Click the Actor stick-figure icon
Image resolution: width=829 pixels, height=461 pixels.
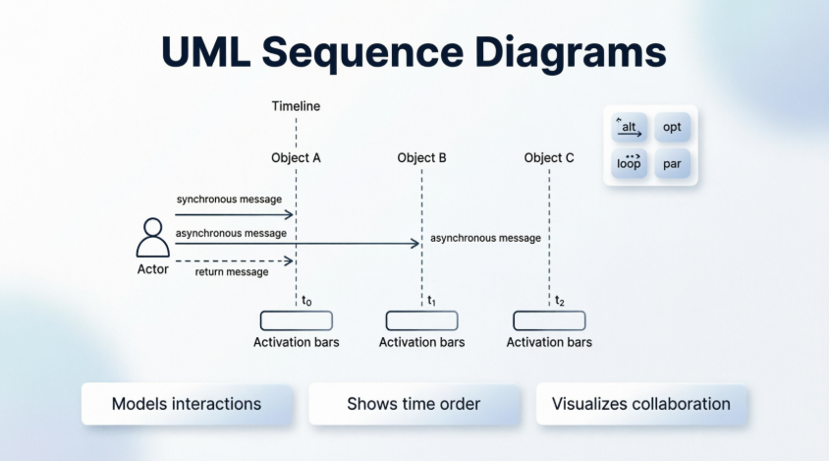[x=151, y=238]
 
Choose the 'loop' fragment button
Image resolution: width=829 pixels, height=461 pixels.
[x=629, y=163]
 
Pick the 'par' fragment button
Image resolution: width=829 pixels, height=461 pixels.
[x=672, y=163]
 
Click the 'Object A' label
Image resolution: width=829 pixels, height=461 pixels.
[x=296, y=157]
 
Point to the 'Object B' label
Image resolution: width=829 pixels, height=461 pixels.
[x=422, y=157]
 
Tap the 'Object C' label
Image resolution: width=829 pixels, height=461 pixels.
[x=549, y=157]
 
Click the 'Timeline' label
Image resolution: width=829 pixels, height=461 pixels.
[x=296, y=106]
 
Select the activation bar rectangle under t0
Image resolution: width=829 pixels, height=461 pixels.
[x=296, y=320]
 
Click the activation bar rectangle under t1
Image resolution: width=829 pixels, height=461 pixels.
[x=422, y=320]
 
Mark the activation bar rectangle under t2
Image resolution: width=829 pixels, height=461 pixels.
[x=549, y=320]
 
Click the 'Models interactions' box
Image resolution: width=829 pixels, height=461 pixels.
[x=187, y=404]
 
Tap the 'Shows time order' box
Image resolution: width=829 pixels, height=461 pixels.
[x=414, y=404]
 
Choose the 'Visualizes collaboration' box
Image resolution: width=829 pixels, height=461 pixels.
[x=640, y=404]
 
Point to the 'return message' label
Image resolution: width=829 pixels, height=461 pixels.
[x=231, y=272]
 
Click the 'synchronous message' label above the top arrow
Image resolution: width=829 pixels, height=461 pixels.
[x=236, y=200]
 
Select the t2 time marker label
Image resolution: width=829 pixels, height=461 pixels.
[x=559, y=301]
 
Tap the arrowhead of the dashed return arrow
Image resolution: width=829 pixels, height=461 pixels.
[x=290, y=260]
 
